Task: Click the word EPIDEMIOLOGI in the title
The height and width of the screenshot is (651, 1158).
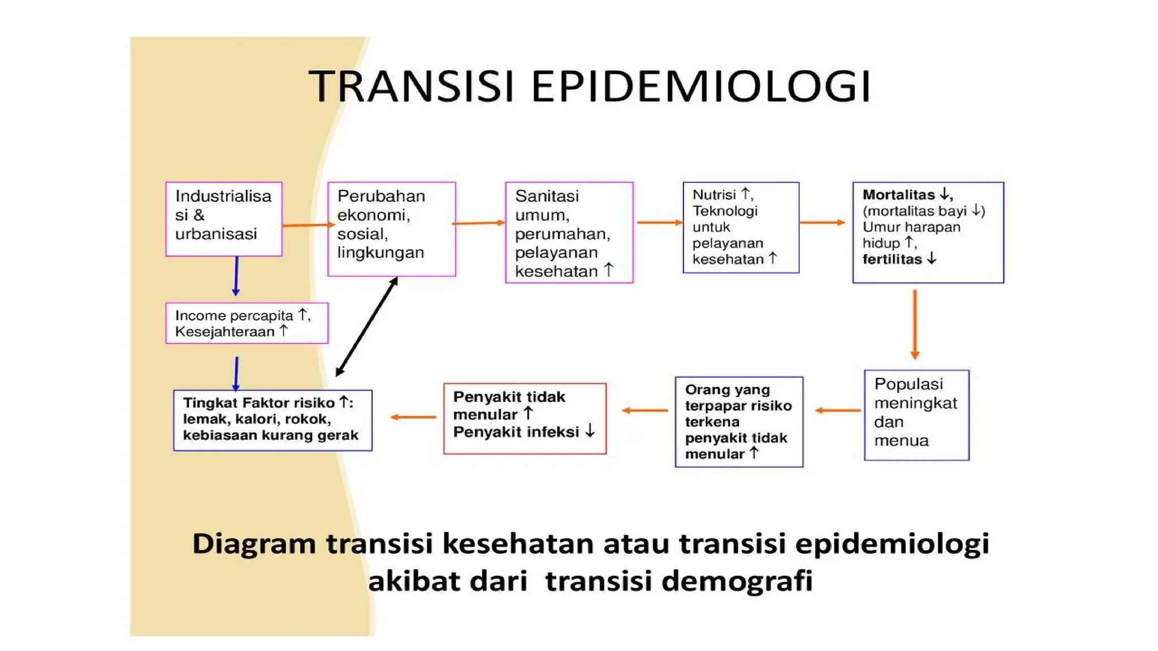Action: pos(701,86)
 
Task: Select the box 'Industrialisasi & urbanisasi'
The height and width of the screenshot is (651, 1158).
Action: pos(223,219)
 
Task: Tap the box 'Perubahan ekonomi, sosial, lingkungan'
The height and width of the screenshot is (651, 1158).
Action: pos(391,229)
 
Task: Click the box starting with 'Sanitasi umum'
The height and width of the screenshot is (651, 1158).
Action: pos(569,232)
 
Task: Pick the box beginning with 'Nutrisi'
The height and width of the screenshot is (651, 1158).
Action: pos(741,227)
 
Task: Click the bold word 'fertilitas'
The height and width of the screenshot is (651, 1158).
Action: pos(892,259)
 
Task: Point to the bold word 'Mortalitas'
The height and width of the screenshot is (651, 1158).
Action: pos(898,195)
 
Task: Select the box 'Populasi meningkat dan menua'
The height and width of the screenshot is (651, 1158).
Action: pos(916,415)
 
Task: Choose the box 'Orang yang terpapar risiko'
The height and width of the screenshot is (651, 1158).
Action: pos(738,422)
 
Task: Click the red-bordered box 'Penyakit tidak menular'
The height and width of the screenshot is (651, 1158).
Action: pos(525,418)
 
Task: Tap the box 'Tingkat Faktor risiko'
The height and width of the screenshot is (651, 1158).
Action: pos(273,420)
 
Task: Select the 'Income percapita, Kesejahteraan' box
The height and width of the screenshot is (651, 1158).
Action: pos(247,323)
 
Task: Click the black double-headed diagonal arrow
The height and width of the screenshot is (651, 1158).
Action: pos(367,327)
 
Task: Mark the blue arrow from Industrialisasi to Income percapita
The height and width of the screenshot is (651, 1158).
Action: pos(236,276)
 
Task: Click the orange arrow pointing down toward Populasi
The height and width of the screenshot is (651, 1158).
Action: pos(914,324)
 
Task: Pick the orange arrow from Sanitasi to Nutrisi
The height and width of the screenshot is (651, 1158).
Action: pos(659,223)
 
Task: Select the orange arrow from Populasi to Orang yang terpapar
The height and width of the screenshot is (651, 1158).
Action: pos(838,410)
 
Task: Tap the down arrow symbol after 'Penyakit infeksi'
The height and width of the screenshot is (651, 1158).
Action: pos(590,431)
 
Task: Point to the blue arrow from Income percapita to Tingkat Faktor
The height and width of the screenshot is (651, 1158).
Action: pos(236,374)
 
